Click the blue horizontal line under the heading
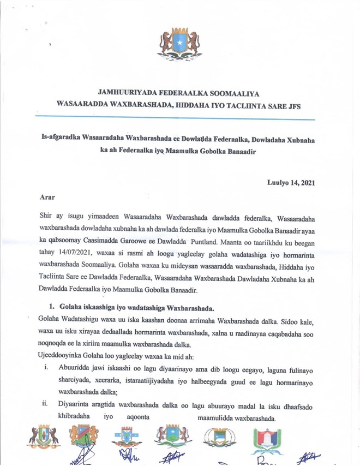[175, 118]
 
